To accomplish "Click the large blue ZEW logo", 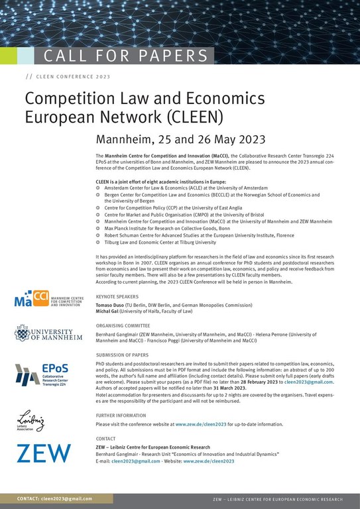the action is [x=43, y=453].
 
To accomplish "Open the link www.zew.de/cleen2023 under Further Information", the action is [x=202, y=424].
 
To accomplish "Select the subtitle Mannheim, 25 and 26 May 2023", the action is [x=181, y=140].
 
